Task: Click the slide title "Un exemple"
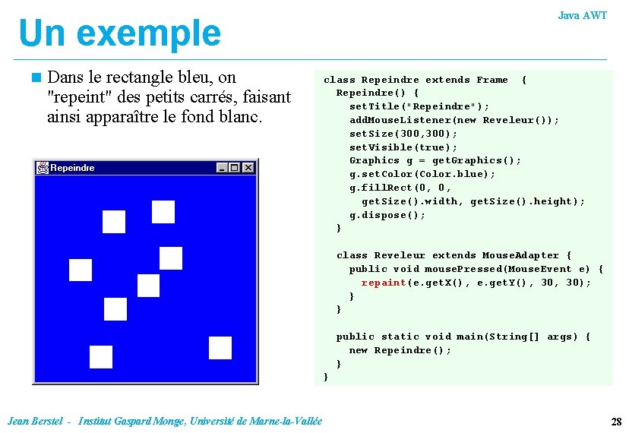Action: (119, 33)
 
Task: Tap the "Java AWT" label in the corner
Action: (582, 15)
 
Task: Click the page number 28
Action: (616, 421)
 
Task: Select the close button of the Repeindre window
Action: (248, 168)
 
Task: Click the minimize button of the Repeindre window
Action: (222, 168)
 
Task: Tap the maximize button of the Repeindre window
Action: (234, 168)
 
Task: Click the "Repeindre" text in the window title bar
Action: (72, 168)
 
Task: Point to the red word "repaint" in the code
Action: (384, 283)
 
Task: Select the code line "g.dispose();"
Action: (387, 215)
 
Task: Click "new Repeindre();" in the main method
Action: (400, 350)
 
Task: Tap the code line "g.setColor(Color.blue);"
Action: (422, 174)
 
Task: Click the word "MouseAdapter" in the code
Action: (521, 255)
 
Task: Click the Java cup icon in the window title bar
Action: (43, 168)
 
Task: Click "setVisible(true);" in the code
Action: (403, 147)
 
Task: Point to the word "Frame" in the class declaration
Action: (492, 80)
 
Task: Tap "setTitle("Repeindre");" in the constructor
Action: (419, 106)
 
